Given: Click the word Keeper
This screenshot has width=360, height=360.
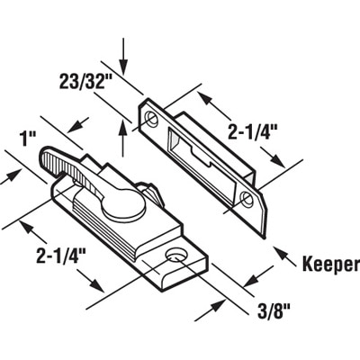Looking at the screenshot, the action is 330,265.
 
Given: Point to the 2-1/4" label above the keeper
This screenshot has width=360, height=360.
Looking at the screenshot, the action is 252,132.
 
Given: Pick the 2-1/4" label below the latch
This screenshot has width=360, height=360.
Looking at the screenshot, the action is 61,256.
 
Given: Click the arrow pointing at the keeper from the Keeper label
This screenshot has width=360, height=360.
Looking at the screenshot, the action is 284,256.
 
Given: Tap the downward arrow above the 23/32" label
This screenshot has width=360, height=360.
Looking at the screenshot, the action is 123,56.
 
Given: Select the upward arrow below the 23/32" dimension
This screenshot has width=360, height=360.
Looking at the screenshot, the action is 122,138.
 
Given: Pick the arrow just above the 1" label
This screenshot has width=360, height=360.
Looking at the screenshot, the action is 78,125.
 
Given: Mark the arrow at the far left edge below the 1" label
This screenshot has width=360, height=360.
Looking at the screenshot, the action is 11,176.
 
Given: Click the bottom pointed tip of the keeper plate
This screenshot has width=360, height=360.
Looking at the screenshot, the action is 264,238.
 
